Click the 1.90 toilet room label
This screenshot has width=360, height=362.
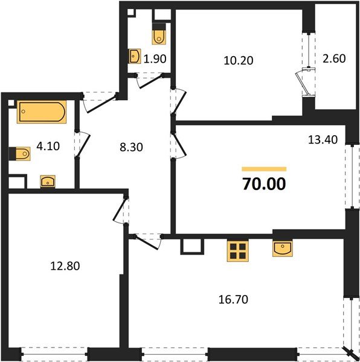(155, 59)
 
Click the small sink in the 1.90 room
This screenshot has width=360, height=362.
(134, 57)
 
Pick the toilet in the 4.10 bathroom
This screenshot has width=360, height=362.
(21, 154)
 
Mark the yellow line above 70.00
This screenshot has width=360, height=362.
(264, 169)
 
